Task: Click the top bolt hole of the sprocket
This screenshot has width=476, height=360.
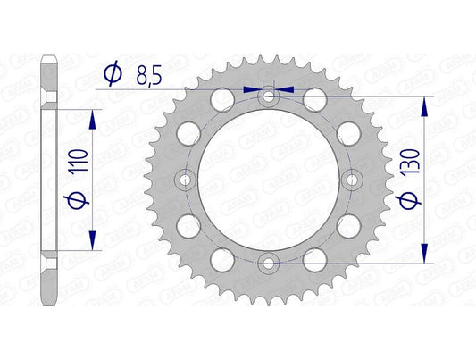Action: (x=269, y=96)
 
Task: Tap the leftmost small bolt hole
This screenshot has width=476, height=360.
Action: (x=186, y=180)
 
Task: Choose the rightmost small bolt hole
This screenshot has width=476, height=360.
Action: (x=351, y=180)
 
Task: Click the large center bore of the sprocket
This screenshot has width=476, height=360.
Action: (x=269, y=180)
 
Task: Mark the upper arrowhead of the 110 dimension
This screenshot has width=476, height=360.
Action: (x=91, y=115)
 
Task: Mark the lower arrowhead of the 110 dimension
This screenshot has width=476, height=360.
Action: (x=91, y=243)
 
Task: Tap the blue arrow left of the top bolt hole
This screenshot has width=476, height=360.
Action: (x=253, y=89)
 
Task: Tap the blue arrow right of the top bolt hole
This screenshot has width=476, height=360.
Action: (x=285, y=89)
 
